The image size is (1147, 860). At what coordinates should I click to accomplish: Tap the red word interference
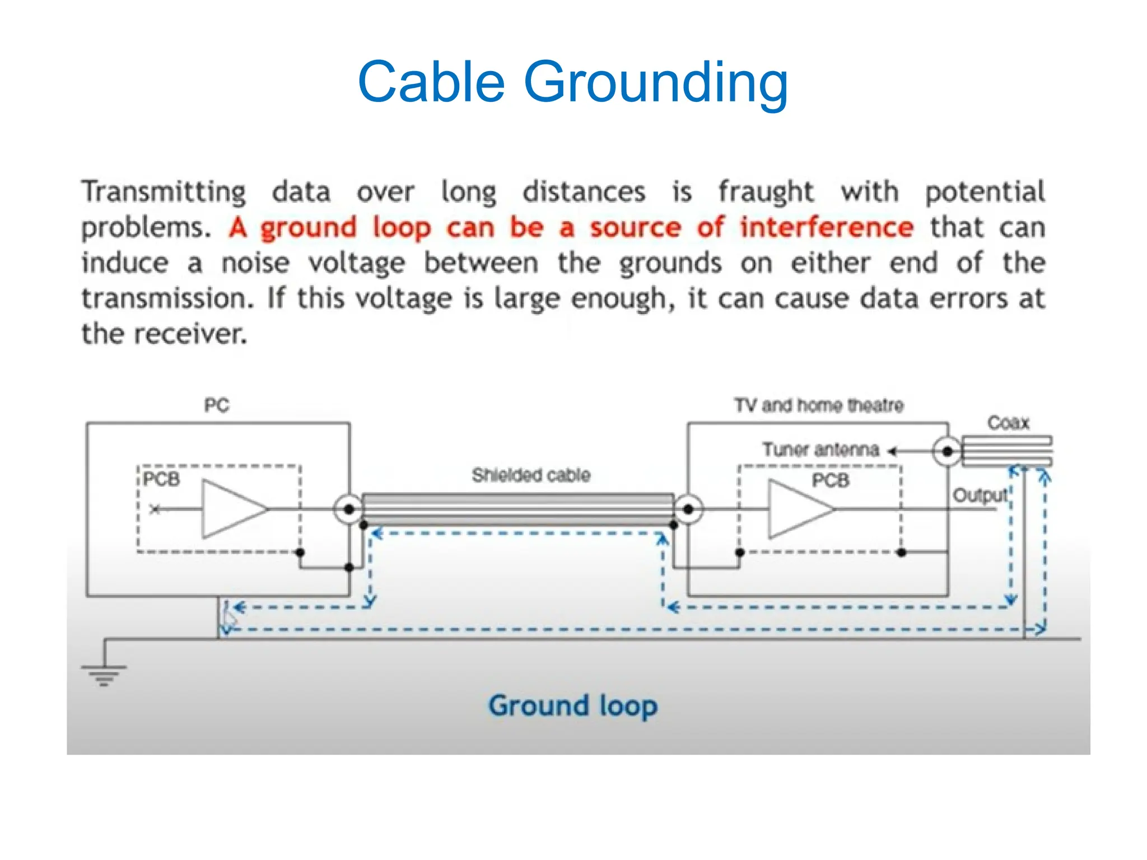[x=827, y=227]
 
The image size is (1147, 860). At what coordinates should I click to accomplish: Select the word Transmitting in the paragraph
[x=164, y=192]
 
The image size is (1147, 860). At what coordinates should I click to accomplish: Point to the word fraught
[x=766, y=192]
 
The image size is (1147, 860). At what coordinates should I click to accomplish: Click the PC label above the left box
[x=217, y=405]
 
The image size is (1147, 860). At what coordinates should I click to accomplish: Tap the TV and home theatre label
[x=819, y=405]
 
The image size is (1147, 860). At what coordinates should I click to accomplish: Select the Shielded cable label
[x=531, y=475]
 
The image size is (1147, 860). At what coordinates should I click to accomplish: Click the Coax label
[x=1008, y=422]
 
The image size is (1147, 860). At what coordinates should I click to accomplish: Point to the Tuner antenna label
[x=820, y=449]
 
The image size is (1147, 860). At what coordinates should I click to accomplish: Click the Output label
[x=980, y=495]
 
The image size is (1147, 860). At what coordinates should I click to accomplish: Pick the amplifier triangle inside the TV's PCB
[x=798, y=510]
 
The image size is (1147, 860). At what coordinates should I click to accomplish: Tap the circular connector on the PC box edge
[x=348, y=510]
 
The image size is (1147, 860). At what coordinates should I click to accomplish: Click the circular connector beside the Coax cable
[x=947, y=451]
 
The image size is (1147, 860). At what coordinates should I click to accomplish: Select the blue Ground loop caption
[x=572, y=706]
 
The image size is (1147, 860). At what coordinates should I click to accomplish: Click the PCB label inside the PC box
[x=161, y=479]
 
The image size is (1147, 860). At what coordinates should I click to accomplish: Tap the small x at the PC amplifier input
[x=155, y=509]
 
